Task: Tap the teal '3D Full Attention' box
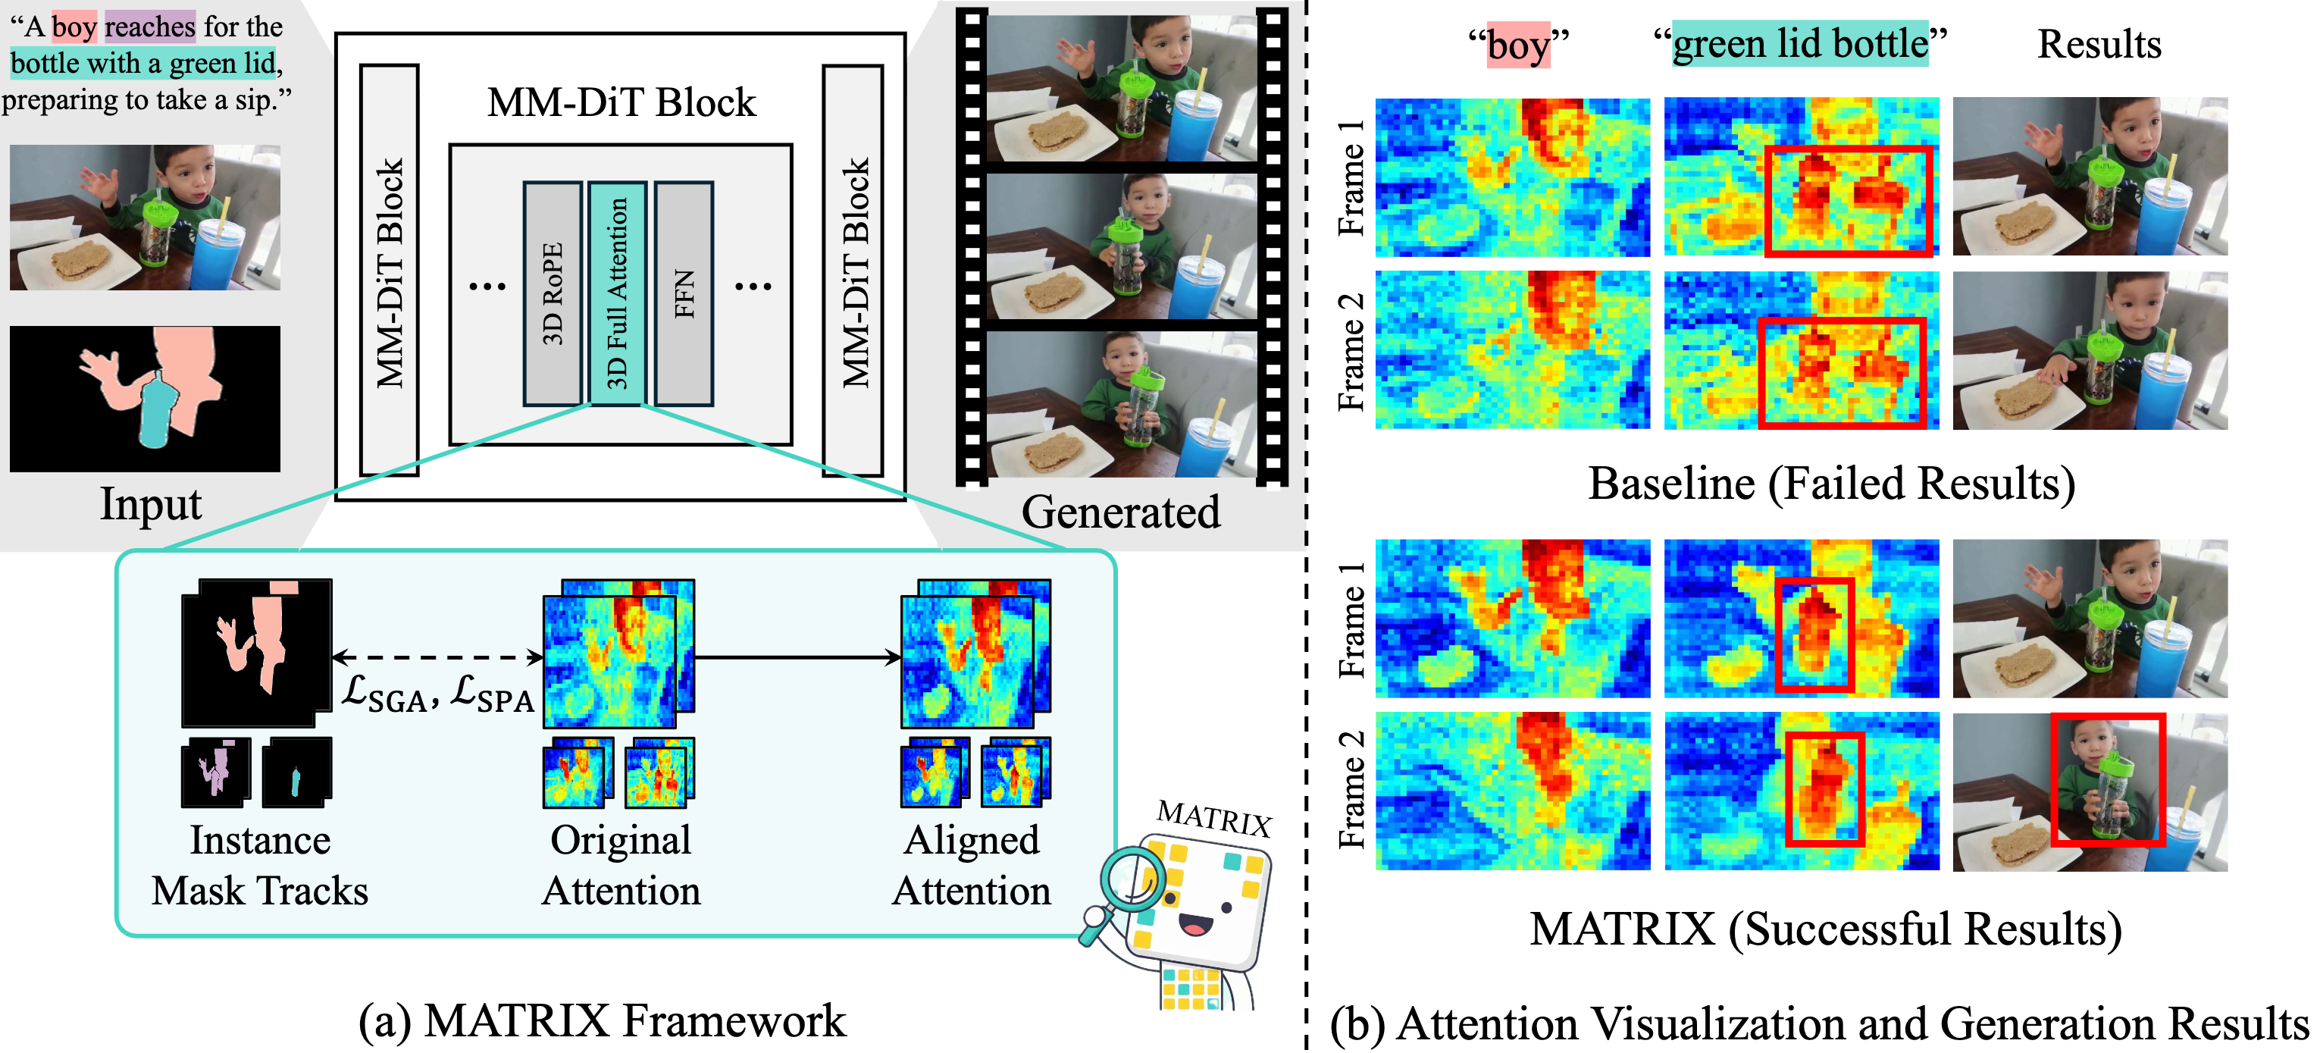point(618,293)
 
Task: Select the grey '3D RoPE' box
point(552,293)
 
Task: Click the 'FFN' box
point(684,293)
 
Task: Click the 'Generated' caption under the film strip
point(1120,512)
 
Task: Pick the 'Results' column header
point(2099,43)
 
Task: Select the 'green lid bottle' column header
point(1800,43)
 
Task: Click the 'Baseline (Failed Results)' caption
point(1831,484)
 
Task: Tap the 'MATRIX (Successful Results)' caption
point(1826,929)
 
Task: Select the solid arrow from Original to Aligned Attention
point(797,657)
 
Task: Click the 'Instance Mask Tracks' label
point(260,865)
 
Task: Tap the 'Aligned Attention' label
point(971,865)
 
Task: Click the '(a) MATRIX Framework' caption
point(602,1020)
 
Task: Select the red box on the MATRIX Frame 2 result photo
point(2108,780)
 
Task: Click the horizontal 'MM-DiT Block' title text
point(621,102)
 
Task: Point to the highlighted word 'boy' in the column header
point(1518,45)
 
